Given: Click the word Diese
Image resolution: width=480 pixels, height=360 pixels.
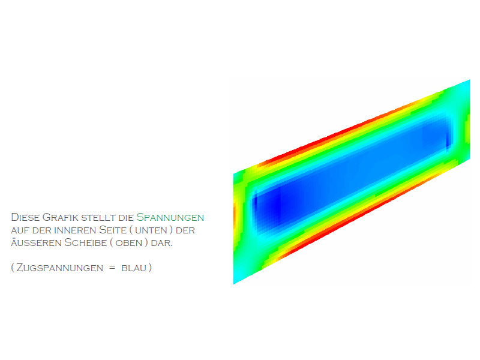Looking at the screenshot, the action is (x=25, y=217).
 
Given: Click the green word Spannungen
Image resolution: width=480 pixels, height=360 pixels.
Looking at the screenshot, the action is (x=170, y=217).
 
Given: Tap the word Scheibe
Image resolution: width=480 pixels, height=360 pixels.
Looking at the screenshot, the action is (x=86, y=243).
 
